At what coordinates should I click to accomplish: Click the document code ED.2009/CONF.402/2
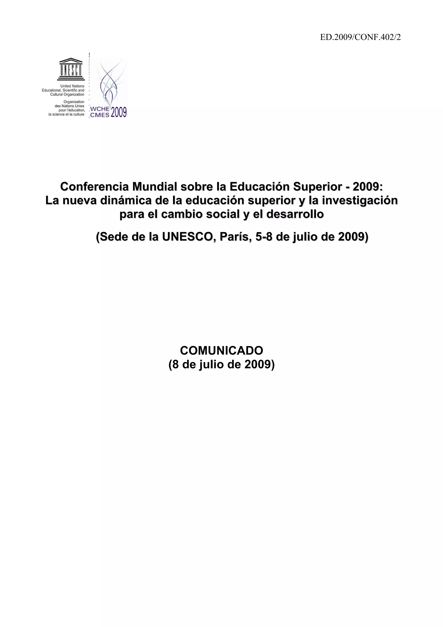360,37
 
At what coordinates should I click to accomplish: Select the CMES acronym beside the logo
100,115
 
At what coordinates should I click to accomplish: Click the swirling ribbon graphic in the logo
111,82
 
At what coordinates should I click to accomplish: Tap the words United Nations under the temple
72,86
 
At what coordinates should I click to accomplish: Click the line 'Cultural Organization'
67,95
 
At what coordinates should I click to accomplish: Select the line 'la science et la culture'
66,114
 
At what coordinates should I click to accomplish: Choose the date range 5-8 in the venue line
264,237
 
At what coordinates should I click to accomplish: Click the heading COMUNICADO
221,350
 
